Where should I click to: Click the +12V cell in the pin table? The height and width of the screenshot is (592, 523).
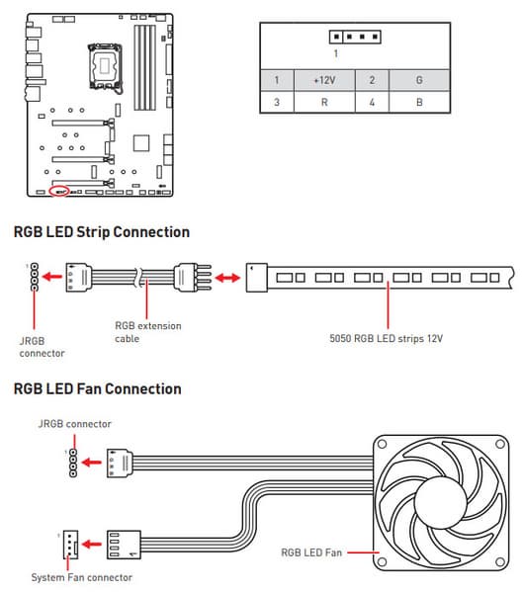[324, 80]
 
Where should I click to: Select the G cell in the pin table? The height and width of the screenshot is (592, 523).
[419, 80]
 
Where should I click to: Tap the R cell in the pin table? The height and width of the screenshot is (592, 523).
[324, 102]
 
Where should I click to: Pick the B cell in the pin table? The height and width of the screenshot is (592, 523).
[419, 102]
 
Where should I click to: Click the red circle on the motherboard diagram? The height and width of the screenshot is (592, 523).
[59, 191]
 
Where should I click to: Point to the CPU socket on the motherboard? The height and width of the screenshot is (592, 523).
[105, 66]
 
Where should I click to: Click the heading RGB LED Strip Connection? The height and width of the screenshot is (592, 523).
[102, 232]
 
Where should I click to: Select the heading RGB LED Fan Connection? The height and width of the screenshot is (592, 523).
[98, 388]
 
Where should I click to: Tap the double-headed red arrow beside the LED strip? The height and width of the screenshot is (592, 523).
[227, 279]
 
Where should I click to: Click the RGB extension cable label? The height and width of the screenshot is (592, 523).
[148, 332]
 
